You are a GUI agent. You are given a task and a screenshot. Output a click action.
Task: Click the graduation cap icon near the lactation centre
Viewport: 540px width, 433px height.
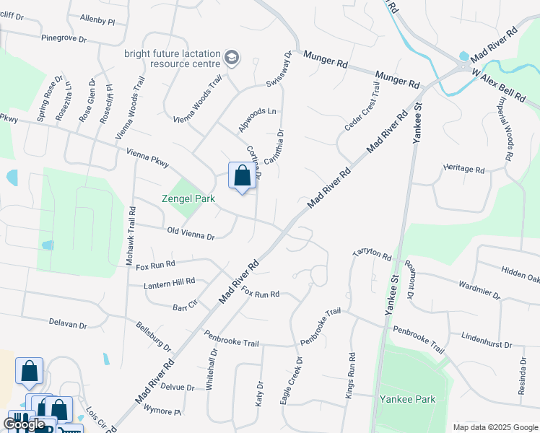click(232, 57)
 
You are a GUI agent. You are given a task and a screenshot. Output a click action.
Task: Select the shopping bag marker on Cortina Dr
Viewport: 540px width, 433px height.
click(242, 175)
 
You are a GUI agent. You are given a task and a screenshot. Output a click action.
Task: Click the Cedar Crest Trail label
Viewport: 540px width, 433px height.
click(362, 105)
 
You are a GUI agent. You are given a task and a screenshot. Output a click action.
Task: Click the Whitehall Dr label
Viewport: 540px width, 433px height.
click(212, 370)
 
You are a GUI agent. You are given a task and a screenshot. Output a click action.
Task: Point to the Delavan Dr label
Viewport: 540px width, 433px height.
click(68, 323)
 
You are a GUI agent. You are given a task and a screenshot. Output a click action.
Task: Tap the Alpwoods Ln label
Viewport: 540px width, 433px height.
click(258, 112)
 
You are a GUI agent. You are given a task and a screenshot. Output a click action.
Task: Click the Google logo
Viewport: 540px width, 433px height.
click(23, 425)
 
